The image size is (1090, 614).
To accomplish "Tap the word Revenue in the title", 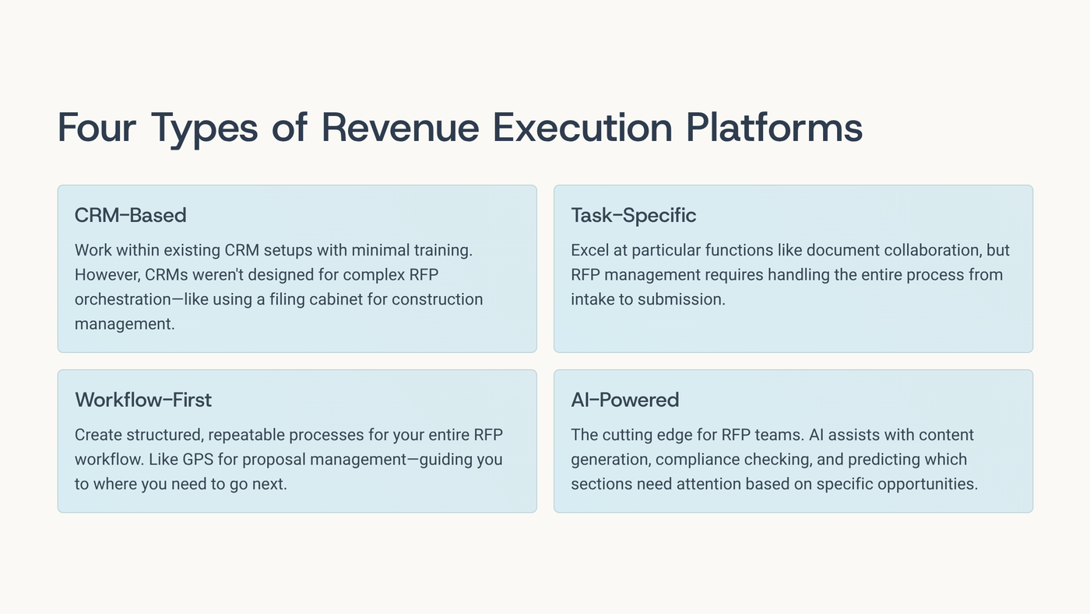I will click(400, 128).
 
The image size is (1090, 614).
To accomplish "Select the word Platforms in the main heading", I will click(774, 128).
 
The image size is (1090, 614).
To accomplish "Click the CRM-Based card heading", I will click(130, 215).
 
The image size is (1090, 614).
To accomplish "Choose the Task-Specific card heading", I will click(633, 215).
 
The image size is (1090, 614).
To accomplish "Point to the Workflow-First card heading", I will click(143, 400).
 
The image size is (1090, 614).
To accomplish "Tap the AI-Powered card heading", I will click(624, 400).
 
